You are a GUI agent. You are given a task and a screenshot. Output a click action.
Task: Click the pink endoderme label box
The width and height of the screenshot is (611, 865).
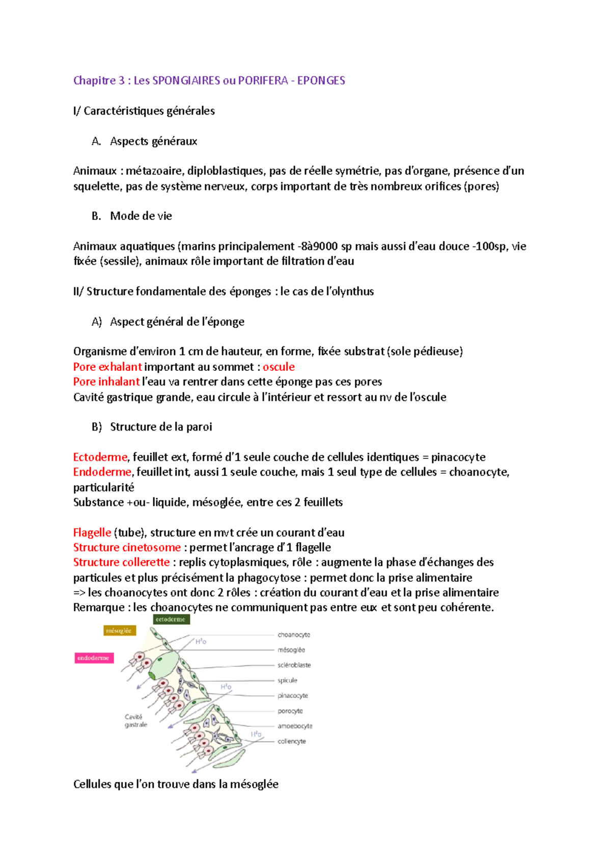point(94,658)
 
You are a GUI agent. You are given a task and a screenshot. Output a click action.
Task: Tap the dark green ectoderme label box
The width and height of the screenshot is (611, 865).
point(171,619)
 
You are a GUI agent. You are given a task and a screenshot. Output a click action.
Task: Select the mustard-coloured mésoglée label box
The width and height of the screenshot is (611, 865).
point(119,631)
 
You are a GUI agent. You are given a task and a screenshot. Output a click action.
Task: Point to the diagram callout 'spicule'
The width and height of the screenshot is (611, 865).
point(287,681)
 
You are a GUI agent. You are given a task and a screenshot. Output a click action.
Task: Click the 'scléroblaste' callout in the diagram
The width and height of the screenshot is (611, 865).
point(294,665)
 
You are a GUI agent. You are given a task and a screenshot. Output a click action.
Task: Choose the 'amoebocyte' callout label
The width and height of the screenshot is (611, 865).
point(295,726)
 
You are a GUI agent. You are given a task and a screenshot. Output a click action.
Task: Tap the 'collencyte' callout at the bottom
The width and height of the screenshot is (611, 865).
point(292,742)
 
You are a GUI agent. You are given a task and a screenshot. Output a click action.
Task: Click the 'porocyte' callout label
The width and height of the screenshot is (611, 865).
point(290,711)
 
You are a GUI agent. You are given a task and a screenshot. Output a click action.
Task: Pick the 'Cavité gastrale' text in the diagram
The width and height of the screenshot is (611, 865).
point(135,721)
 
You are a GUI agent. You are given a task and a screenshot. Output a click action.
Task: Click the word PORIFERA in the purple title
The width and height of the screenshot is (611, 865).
point(263,80)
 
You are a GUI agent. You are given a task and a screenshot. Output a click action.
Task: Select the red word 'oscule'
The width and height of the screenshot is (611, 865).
point(279,367)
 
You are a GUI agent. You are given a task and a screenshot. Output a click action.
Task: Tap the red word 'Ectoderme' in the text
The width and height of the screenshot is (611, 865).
point(100,457)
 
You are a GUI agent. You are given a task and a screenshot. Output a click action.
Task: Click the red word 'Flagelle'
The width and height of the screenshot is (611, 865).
point(92,533)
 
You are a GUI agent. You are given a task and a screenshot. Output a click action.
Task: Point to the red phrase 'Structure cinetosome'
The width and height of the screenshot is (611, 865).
point(127,548)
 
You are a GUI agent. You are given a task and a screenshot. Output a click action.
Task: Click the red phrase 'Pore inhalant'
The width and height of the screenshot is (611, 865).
point(106,382)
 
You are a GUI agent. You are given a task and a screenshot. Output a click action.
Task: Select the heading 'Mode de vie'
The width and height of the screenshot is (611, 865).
point(141,216)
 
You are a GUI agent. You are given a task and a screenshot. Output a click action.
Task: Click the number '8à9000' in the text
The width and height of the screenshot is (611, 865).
point(319,247)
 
